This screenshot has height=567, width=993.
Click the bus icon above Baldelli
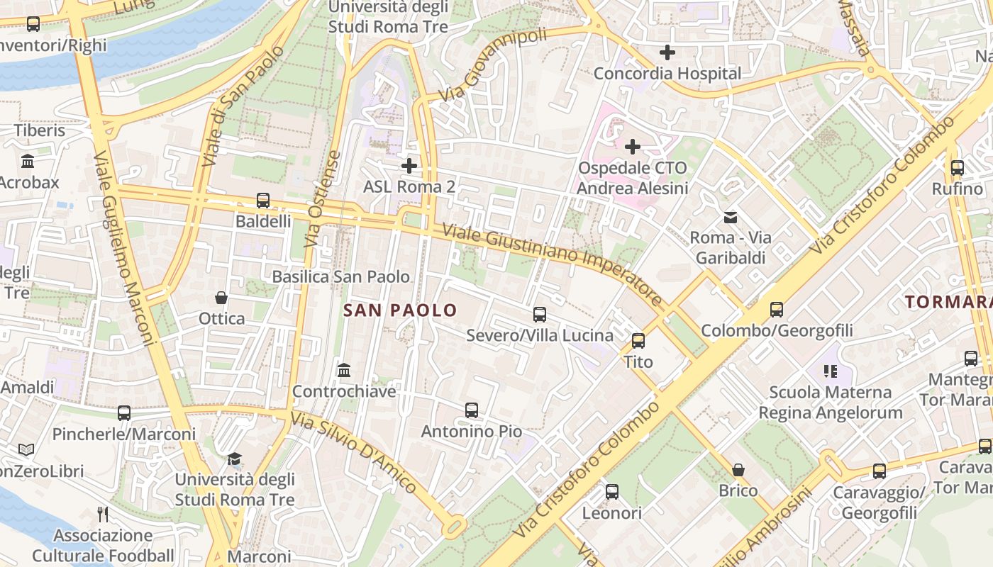pyautogui.click(x=263, y=201)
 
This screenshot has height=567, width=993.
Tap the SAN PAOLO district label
pyautogui.click(x=400, y=310)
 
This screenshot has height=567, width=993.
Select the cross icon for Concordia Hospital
pyautogui.click(x=667, y=52)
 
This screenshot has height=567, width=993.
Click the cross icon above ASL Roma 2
pyautogui.click(x=409, y=166)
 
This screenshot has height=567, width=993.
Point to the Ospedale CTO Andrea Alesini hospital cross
pyautogui.click(x=632, y=147)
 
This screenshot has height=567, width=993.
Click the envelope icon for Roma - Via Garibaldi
pyautogui.click(x=730, y=217)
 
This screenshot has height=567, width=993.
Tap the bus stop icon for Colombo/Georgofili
pyautogui.click(x=777, y=310)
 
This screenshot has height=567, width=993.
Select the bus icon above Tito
pyautogui.click(x=638, y=341)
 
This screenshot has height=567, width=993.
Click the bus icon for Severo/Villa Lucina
pyautogui.click(x=540, y=315)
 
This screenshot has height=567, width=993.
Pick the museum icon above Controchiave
pyautogui.click(x=344, y=370)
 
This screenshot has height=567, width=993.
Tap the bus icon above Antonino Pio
pyautogui.click(x=472, y=410)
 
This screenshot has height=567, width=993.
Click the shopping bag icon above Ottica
pyautogui.click(x=221, y=298)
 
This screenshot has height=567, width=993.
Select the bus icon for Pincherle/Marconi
pyautogui.click(x=124, y=413)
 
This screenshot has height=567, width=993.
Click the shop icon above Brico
pyautogui.click(x=738, y=470)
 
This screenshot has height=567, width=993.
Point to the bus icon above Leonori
pyautogui.click(x=611, y=492)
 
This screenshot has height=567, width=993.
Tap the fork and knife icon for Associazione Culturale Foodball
pyautogui.click(x=103, y=514)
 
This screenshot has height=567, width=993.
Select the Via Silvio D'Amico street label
pyautogui.click(x=353, y=451)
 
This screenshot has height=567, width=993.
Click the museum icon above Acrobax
pyautogui.click(x=28, y=162)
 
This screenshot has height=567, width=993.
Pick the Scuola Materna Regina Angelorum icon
pyautogui.click(x=831, y=371)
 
